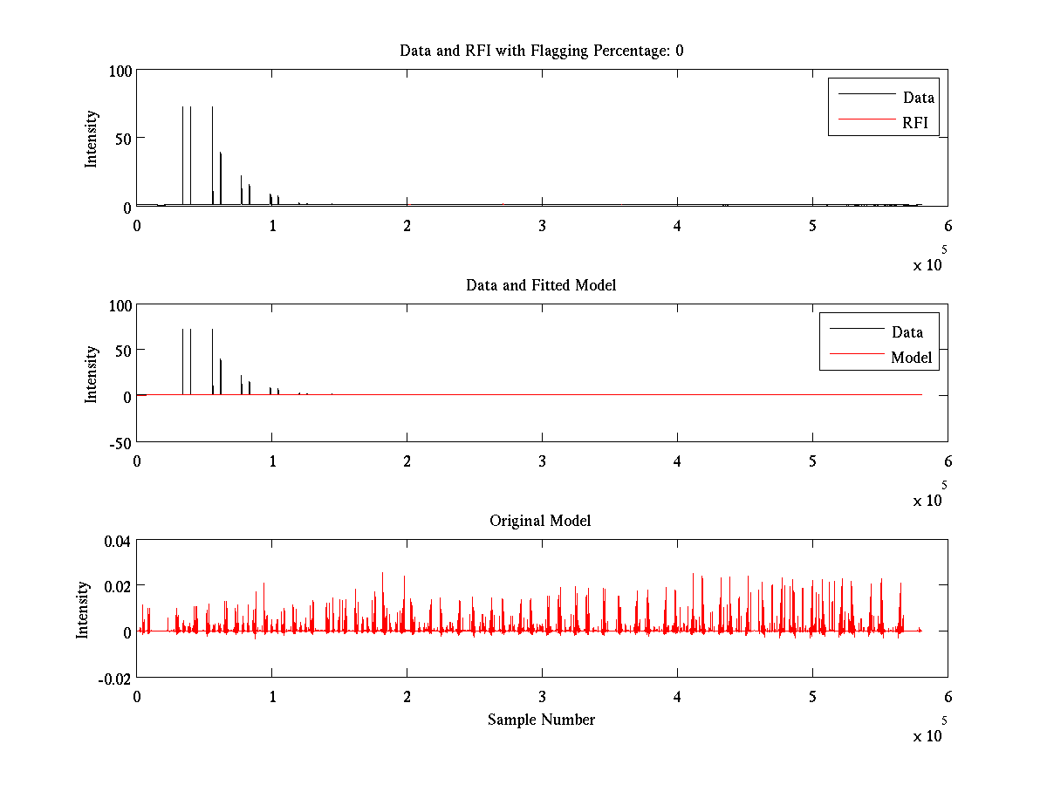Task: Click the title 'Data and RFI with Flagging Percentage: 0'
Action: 541,51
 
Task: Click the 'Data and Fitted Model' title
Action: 541,285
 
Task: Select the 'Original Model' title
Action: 540,521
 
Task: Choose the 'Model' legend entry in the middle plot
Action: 911,357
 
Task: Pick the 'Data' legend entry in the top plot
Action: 918,98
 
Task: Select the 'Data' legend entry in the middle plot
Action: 907,331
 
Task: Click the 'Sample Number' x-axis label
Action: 541,720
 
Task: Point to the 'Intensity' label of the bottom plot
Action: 83,610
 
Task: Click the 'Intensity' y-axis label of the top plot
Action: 91,139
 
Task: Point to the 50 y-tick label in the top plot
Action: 123,139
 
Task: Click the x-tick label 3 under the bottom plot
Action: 543,697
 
